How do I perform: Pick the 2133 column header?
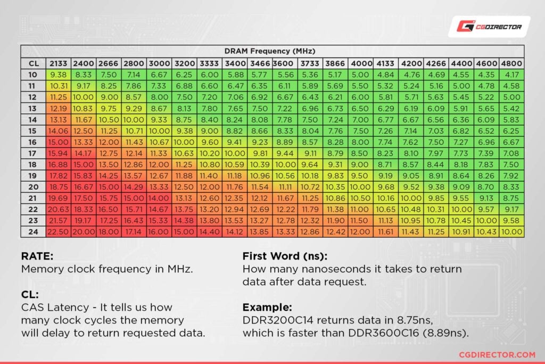click(58, 63)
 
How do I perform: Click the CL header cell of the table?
click(33, 63)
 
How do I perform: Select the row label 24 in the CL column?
click(33, 231)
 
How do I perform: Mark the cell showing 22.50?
click(58, 231)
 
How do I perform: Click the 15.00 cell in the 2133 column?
click(58, 142)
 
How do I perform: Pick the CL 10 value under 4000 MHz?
click(361, 75)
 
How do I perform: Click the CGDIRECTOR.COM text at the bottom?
click(497, 354)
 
